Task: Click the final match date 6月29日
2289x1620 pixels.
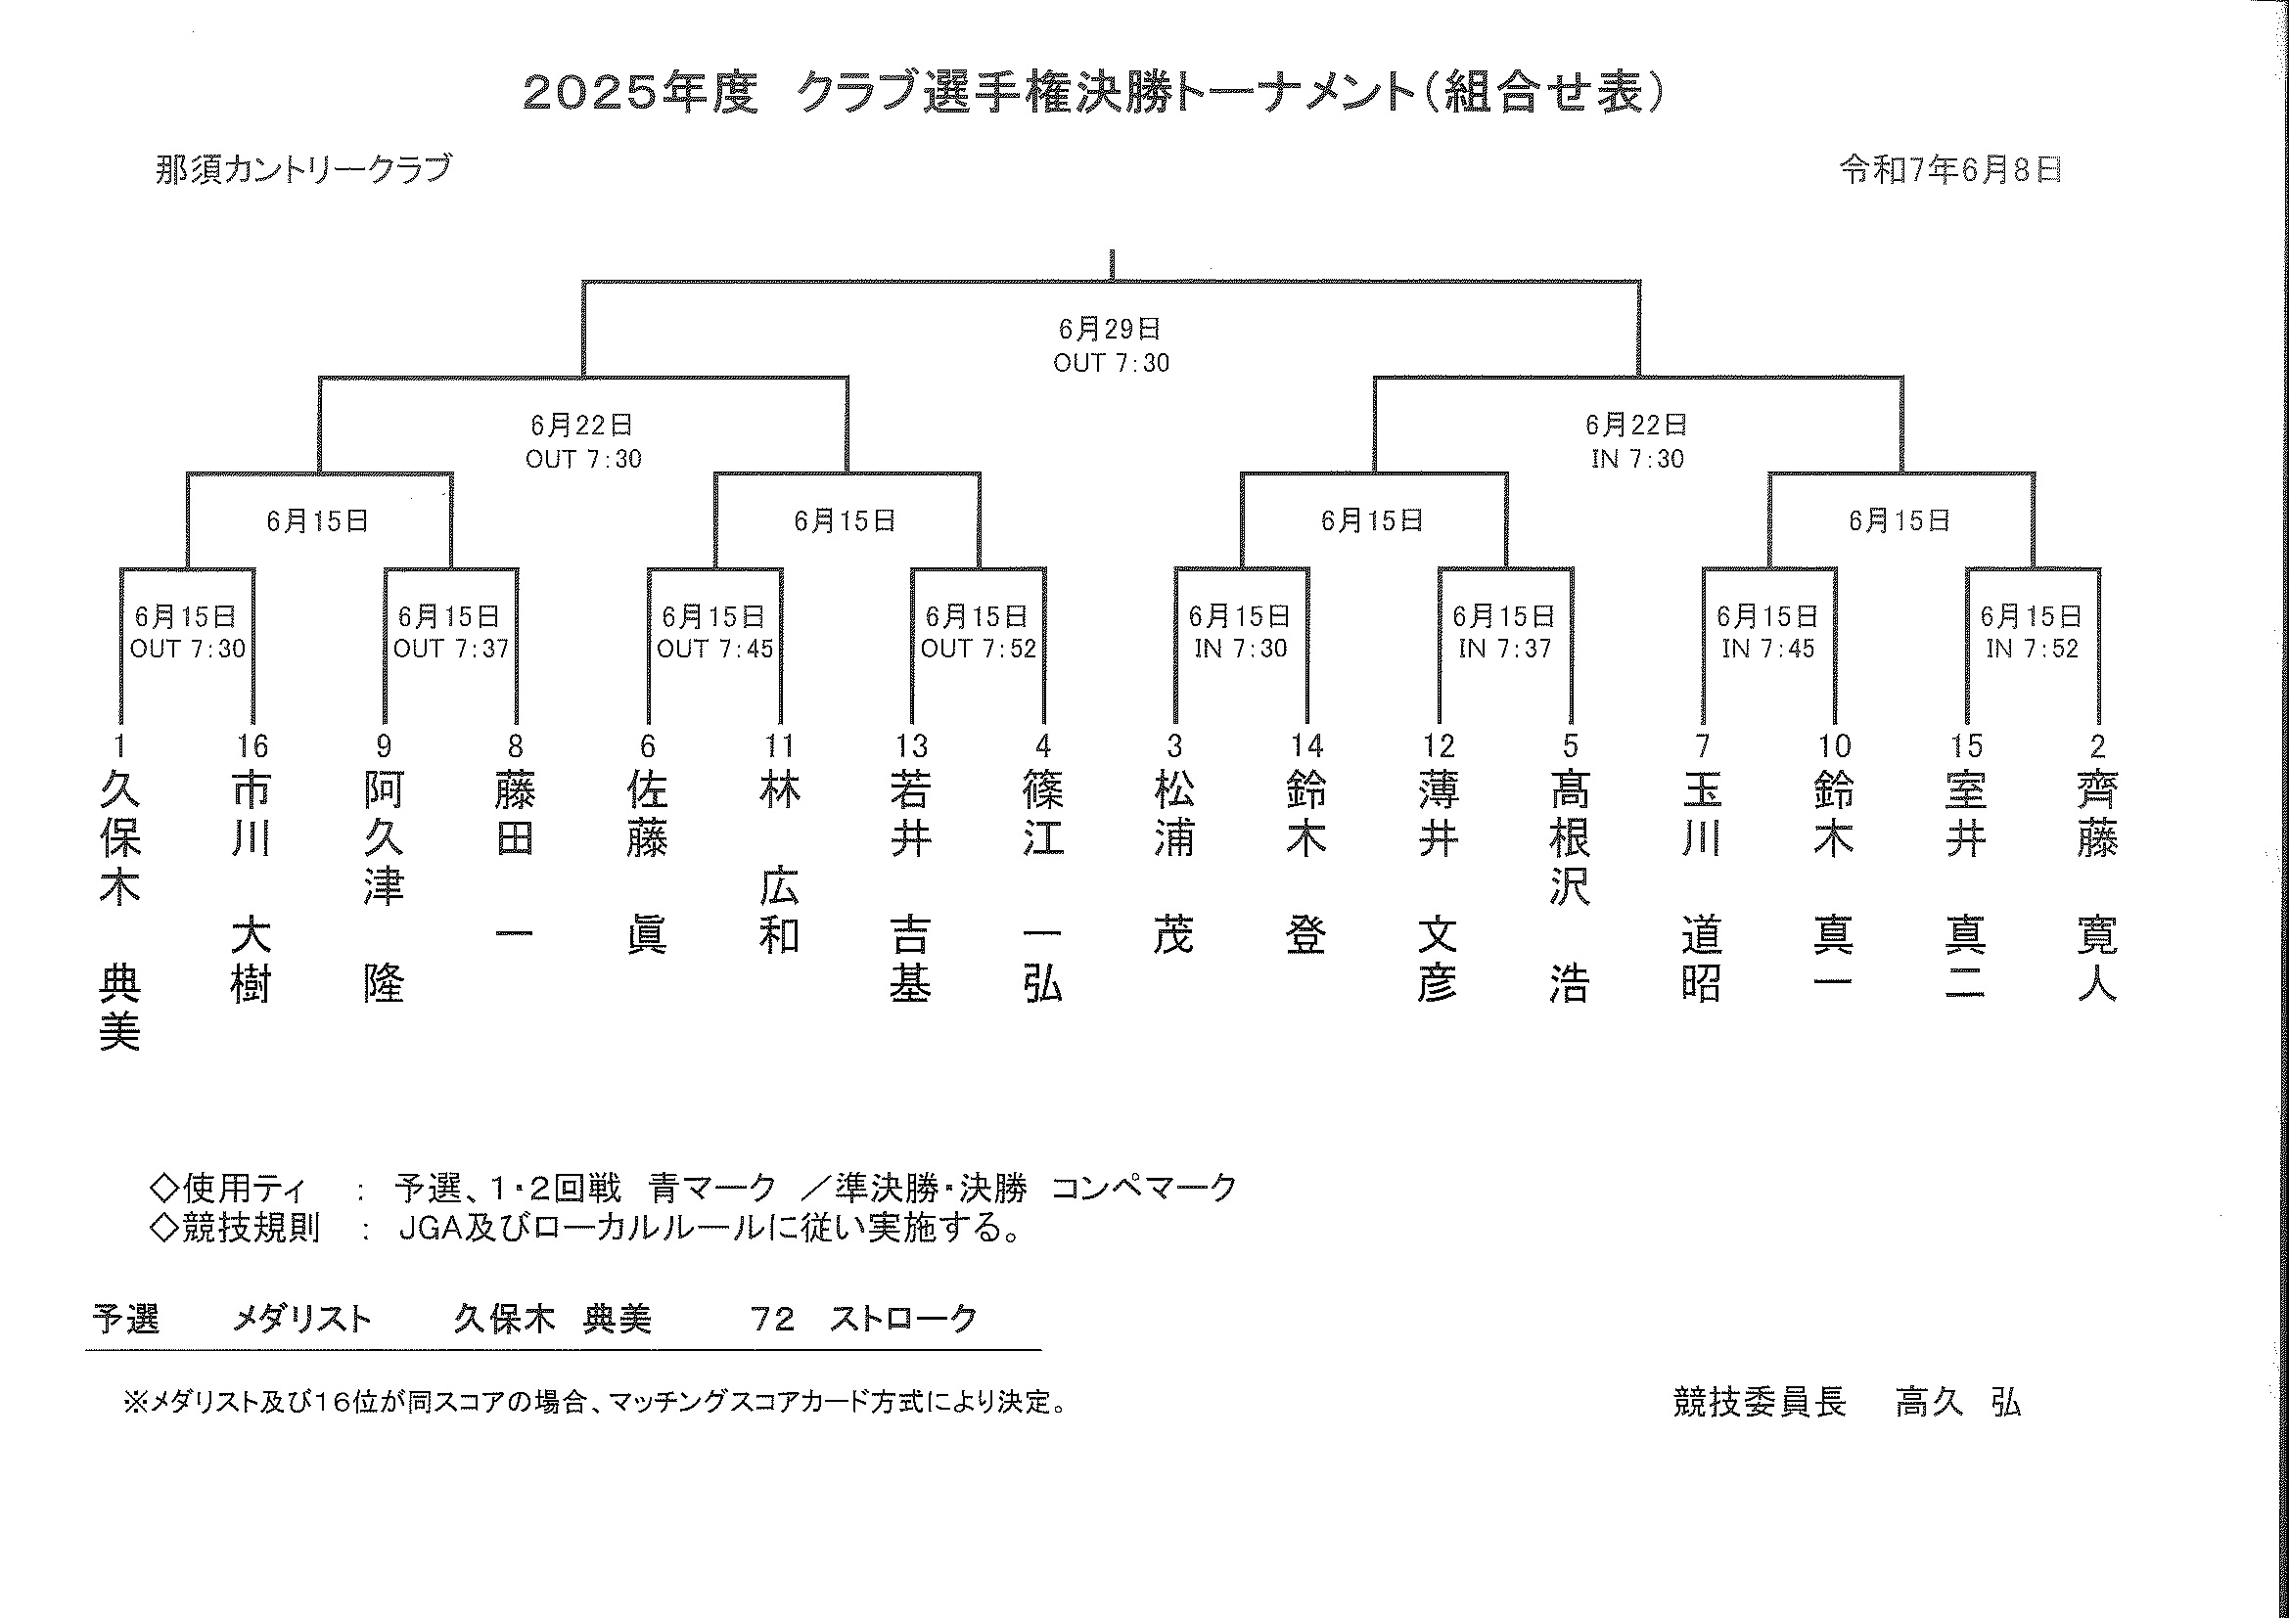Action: click(x=1110, y=330)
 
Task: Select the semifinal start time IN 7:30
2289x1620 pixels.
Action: click(x=1636, y=459)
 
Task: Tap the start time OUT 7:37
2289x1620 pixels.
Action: click(x=451, y=649)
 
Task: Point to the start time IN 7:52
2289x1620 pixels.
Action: click(x=2032, y=649)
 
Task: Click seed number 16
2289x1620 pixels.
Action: click(x=252, y=745)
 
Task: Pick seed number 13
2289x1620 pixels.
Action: click(x=911, y=745)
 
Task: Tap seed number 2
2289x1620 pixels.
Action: click(x=2097, y=745)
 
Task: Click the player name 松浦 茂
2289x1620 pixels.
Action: click(x=1174, y=863)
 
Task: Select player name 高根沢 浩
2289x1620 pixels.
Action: click(x=1570, y=887)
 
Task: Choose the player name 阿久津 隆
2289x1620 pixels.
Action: click(x=385, y=887)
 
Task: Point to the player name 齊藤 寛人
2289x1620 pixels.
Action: click(x=2097, y=887)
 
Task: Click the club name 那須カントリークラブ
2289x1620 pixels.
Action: click(x=303, y=168)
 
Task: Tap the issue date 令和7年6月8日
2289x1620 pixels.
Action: click(x=1950, y=170)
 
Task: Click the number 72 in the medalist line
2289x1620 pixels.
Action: click(x=772, y=1319)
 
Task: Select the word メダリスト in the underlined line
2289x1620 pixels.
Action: click(x=301, y=1319)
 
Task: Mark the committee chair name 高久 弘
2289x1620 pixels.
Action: click(x=1957, y=1403)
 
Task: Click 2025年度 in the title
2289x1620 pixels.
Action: click(x=640, y=93)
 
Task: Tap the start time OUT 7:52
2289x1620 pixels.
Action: click(x=978, y=649)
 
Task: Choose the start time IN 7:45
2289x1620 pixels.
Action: click(x=1768, y=649)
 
